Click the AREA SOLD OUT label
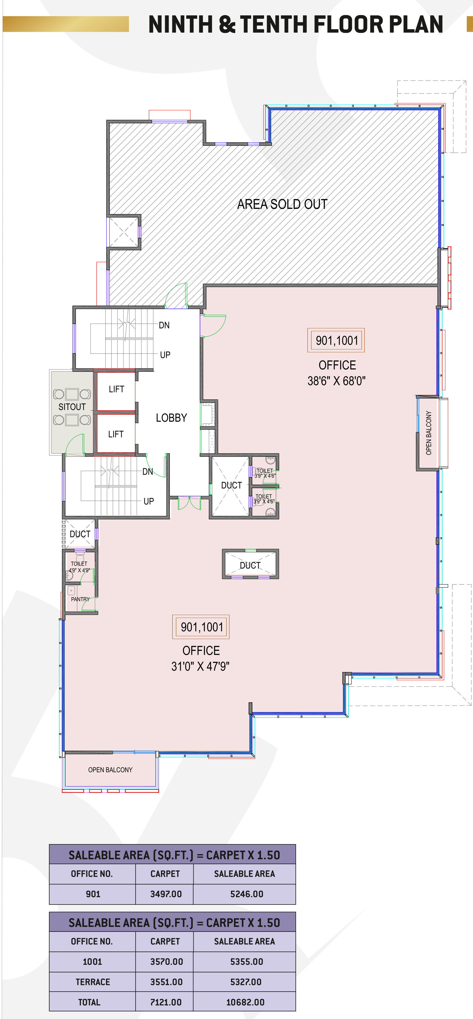(x=282, y=204)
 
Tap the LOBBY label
(x=171, y=418)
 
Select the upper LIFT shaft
(x=116, y=391)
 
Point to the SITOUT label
(x=72, y=407)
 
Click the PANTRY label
(x=80, y=599)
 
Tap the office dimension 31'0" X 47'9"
(x=200, y=666)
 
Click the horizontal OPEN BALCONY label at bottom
(x=110, y=769)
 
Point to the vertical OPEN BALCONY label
(x=429, y=433)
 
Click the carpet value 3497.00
(x=166, y=893)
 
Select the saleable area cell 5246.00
(x=246, y=893)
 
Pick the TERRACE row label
(x=93, y=981)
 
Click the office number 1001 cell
(x=93, y=961)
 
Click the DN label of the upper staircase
(x=164, y=325)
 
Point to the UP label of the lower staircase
(x=148, y=501)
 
